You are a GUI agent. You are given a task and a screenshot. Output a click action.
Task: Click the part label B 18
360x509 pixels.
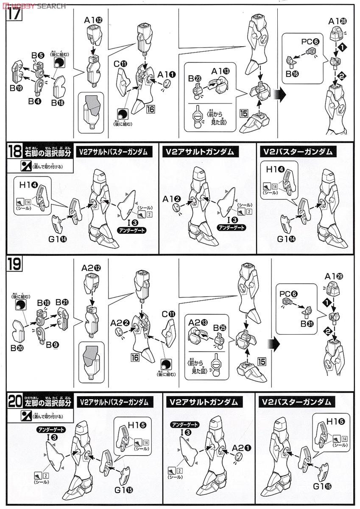click(59, 102)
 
